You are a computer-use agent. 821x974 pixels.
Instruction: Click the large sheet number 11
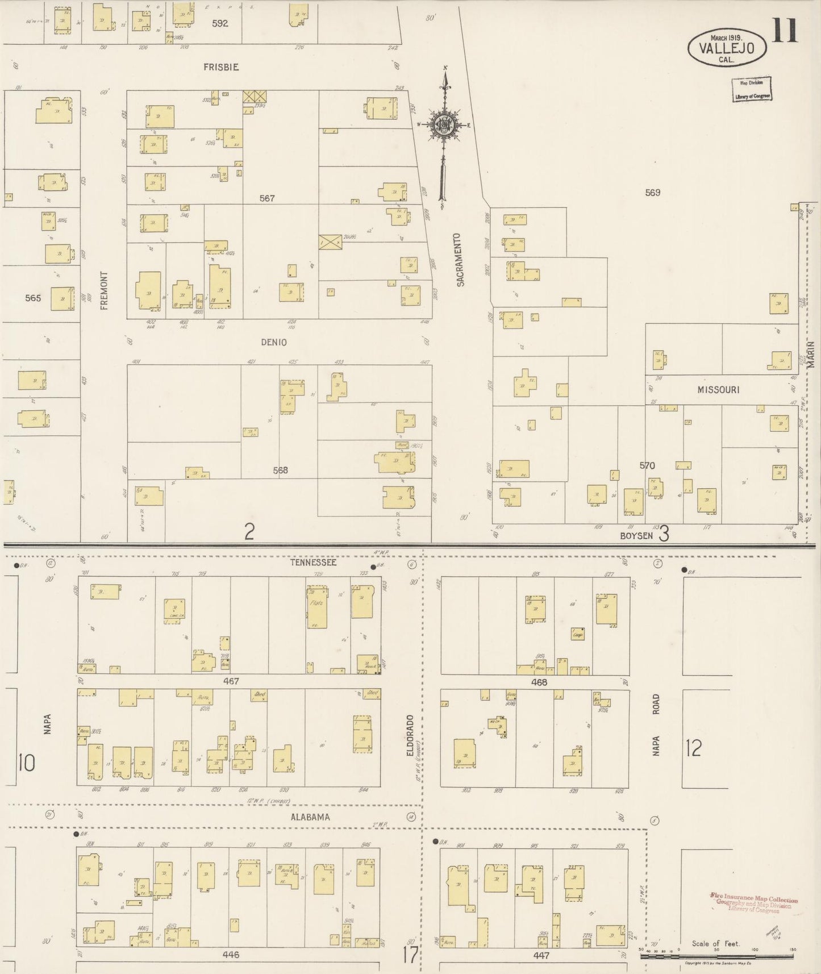point(785,31)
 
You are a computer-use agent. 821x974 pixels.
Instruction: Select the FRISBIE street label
point(221,67)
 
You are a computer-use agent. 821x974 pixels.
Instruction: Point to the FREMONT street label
point(103,290)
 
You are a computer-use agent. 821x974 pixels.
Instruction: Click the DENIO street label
point(274,342)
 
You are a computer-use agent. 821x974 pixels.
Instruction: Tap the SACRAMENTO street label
point(460,259)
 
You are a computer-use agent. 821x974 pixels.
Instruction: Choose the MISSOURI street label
point(718,390)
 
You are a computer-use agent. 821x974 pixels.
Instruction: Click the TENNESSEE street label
point(313,563)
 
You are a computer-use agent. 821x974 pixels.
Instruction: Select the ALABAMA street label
point(310,817)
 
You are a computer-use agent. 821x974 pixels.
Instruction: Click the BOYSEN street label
point(636,535)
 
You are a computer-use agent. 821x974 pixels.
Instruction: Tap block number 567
point(266,198)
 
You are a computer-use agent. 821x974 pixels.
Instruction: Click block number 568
point(280,470)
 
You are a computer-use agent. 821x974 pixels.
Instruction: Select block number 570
point(647,465)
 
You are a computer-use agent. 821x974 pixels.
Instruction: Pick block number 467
point(231,681)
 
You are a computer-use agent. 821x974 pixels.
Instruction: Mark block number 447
point(541,955)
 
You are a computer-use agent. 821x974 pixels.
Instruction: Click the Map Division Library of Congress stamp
point(751,89)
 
